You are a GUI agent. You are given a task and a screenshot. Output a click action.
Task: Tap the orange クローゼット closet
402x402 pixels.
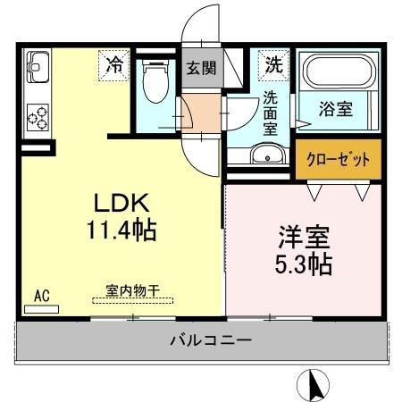coord(331,161)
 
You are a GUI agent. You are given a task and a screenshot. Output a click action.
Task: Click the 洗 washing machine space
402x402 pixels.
coord(273,64)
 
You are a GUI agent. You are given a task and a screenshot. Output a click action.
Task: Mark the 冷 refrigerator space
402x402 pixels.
coord(114,64)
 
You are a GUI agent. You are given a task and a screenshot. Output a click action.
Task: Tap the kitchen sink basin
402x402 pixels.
coord(38,66)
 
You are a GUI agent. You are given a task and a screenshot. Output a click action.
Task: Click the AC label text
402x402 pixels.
coord(41,294)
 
